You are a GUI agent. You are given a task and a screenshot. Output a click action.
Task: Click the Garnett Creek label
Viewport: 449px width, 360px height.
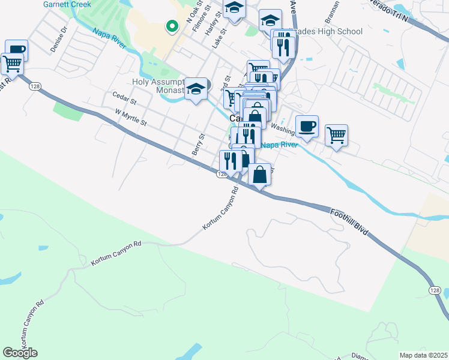click(x=67, y=4)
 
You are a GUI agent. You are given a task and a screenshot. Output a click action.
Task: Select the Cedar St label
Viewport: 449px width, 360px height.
click(x=124, y=97)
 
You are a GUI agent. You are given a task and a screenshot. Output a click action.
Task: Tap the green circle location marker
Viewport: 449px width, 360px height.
click(x=172, y=26)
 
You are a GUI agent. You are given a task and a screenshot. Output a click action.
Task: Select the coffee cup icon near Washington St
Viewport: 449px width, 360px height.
click(x=307, y=126)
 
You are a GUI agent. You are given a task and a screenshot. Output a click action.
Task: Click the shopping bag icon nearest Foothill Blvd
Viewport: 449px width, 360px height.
click(x=259, y=175)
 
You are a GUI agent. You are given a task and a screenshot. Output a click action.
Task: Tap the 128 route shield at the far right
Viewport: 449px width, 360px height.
click(x=435, y=290)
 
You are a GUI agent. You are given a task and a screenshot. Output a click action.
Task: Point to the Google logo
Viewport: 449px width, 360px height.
click(x=20, y=353)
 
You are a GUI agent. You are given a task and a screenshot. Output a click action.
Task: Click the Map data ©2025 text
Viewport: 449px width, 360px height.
click(x=423, y=355)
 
